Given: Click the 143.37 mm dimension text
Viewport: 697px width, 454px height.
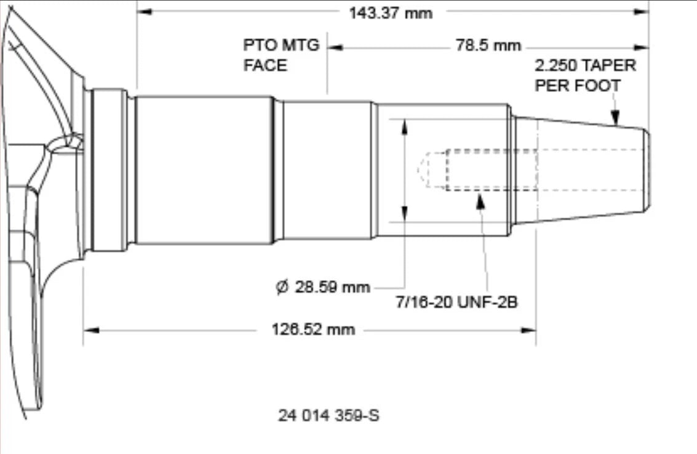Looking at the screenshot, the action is pyautogui.click(x=390, y=13).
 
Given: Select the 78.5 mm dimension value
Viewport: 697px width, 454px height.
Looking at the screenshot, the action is pyautogui.click(x=488, y=46).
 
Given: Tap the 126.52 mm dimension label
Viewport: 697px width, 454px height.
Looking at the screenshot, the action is pyautogui.click(x=313, y=330).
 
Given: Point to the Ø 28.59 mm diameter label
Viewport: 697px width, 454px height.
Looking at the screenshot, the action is pyautogui.click(x=323, y=287).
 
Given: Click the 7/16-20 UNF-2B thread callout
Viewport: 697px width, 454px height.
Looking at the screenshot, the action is pyautogui.click(x=457, y=302).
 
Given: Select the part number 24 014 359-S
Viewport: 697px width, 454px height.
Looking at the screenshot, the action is pyautogui.click(x=329, y=416).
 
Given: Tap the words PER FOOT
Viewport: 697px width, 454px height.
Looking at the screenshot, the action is pyautogui.click(x=578, y=86).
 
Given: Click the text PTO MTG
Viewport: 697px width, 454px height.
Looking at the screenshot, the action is pyautogui.click(x=281, y=45).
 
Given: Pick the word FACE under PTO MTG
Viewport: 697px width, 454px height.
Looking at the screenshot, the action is pyautogui.click(x=265, y=65).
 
